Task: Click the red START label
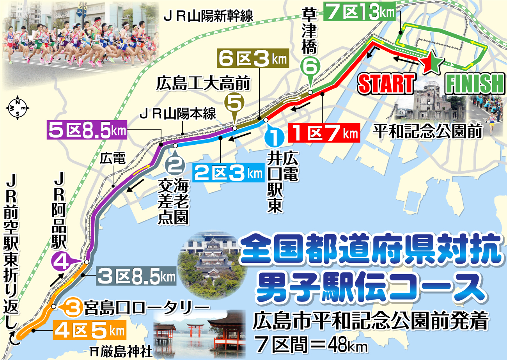point(386,83)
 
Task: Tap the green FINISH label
point(475,83)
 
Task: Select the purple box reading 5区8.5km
point(87,131)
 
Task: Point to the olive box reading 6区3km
point(252,60)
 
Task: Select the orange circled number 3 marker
point(73,307)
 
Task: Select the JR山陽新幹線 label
point(209,16)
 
